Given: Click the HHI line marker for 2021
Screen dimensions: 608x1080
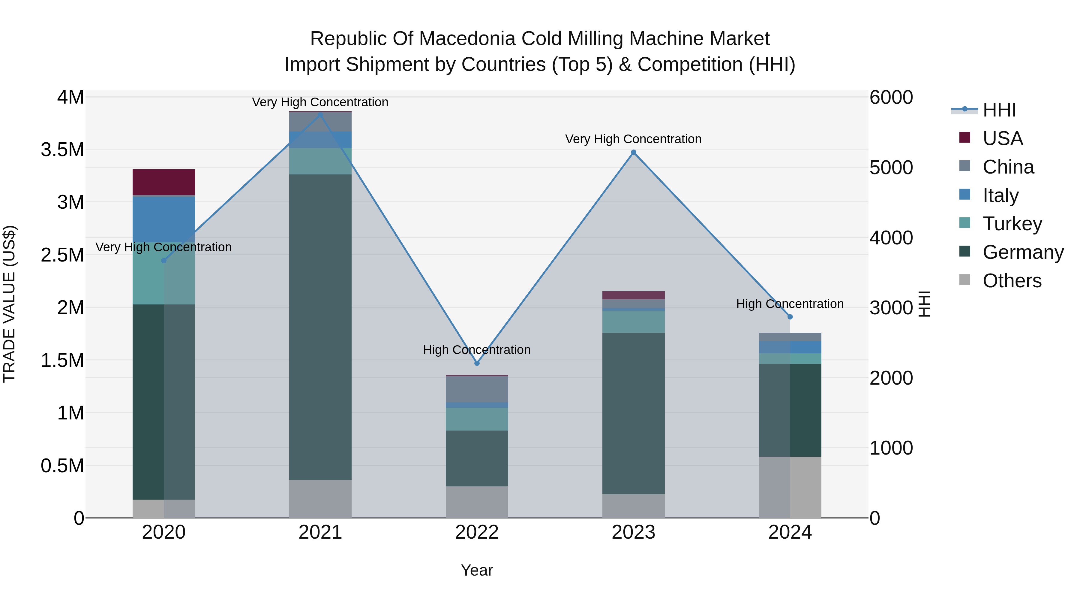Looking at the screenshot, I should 320,115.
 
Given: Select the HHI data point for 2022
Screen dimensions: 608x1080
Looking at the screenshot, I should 477,363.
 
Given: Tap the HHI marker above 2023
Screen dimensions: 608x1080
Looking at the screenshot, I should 634,152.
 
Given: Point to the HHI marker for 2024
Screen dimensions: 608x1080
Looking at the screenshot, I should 790,317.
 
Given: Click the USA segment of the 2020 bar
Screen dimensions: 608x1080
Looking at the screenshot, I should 163,182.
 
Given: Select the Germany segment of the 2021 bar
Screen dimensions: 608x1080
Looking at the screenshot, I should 320,327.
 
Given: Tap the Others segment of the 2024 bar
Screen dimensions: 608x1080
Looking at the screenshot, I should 790,487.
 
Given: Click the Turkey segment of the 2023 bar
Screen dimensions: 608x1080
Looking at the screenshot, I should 634,321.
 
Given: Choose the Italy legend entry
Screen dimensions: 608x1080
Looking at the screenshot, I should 1000,195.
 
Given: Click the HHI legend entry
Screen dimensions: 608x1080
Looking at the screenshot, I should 999,110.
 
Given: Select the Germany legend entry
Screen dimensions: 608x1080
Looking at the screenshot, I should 1023,252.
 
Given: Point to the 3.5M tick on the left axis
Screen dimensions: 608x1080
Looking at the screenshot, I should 62,150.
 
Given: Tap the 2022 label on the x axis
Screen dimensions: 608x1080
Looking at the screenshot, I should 477,532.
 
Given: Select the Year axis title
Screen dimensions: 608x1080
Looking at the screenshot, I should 477,570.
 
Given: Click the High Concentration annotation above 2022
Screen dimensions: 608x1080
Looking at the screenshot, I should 477,349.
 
